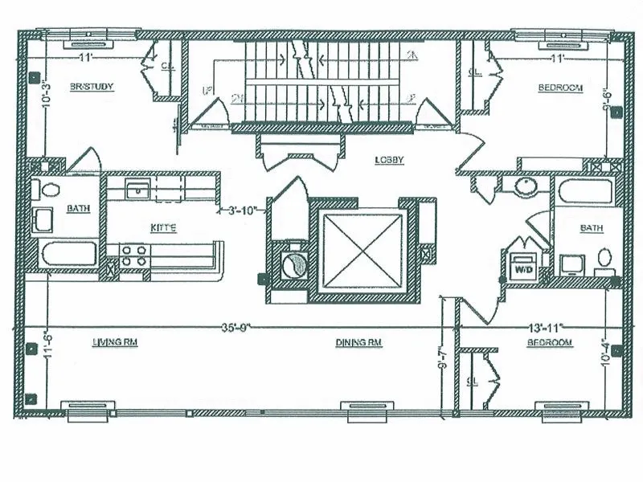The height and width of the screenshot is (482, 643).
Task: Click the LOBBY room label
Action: tap(388, 160)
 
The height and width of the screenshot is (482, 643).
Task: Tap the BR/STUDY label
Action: tap(91, 87)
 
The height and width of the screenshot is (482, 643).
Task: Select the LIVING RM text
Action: tap(115, 342)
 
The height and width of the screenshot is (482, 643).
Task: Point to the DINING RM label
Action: tap(358, 342)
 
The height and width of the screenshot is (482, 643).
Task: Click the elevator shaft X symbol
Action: tap(360, 248)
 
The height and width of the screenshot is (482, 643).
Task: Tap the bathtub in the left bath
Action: tap(68, 254)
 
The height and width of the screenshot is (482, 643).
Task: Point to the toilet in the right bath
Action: tap(605, 259)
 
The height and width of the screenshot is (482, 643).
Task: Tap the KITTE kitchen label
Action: tap(162, 228)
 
